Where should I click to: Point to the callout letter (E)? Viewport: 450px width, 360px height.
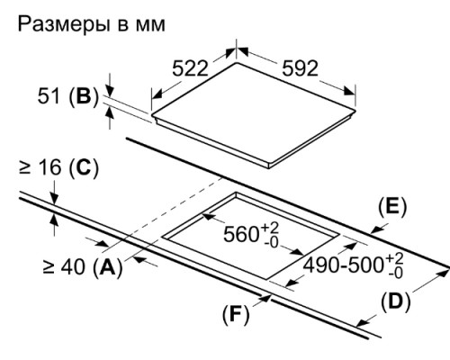(x=391, y=206)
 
